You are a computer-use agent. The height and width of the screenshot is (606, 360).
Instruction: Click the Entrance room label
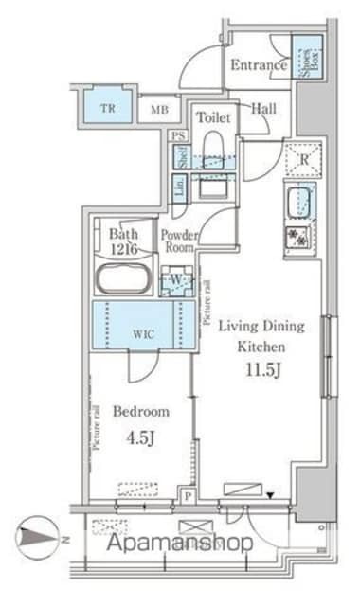(x=258, y=65)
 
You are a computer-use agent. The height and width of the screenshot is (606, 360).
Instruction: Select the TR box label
(x=110, y=108)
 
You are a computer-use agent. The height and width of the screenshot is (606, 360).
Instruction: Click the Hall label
(x=264, y=109)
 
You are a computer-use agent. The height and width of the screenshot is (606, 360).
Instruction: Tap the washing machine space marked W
(x=176, y=280)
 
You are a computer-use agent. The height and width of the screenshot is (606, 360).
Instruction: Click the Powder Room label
(x=178, y=241)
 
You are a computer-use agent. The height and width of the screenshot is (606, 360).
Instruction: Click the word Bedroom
(x=141, y=412)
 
